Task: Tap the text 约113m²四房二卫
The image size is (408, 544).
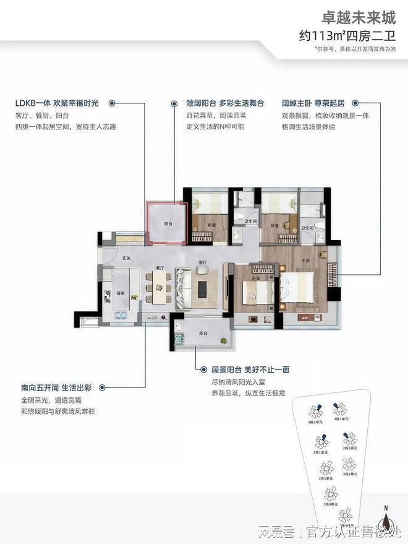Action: coord(350,35)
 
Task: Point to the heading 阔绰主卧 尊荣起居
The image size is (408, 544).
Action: coord(312,104)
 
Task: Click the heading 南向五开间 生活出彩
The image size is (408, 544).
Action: coord(56,388)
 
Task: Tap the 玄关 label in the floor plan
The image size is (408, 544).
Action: coord(125,257)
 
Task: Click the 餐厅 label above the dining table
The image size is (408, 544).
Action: coord(159,268)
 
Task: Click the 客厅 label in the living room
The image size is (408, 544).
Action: coord(202,262)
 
